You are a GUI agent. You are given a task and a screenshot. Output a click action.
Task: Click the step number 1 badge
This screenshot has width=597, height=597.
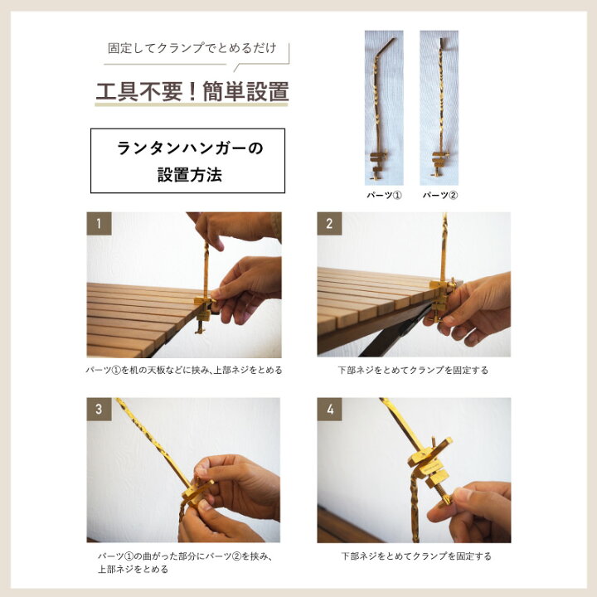point(99,224)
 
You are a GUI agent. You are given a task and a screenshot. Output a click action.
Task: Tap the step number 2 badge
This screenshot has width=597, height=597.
point(329,224)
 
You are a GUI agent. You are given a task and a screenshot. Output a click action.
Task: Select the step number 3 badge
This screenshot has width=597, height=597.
point(99,410)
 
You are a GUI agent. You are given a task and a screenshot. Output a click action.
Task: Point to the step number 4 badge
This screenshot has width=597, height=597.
point(330,410)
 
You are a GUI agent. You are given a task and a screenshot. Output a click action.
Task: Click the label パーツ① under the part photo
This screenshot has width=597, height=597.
point(384,196)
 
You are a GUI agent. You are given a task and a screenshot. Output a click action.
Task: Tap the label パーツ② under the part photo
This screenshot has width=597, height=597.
point(439,196)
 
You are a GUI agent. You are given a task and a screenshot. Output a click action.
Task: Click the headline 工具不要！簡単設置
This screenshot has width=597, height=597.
point(192,92)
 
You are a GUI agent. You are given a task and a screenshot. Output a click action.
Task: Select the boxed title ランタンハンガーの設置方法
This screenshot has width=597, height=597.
point(187,161)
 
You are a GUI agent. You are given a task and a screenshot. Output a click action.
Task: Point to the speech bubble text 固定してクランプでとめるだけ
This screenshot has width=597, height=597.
point(192,48)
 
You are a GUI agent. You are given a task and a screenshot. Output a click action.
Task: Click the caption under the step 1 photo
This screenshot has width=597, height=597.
point(184,370)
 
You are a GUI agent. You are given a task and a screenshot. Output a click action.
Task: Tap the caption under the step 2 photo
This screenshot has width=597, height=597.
point(413,370)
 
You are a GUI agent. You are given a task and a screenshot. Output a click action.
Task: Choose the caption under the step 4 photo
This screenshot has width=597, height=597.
point(416,556)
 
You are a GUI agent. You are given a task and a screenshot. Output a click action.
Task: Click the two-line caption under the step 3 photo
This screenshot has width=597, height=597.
point(186,563)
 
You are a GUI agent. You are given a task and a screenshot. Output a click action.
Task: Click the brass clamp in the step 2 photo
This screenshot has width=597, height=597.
point(442,298)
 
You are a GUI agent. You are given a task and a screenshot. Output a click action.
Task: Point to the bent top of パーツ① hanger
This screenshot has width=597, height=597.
point(389,44)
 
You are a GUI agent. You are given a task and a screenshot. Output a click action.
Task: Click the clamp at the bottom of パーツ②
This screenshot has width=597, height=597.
point(439,163)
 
